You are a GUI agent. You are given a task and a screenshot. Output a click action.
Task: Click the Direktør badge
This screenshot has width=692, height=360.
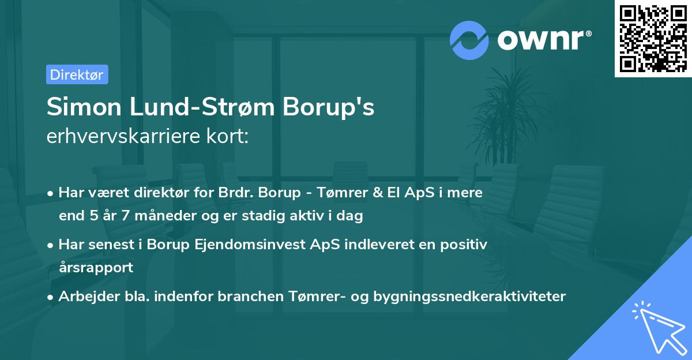point(77,74)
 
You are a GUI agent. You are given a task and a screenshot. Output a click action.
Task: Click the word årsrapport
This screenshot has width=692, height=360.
point(96,267)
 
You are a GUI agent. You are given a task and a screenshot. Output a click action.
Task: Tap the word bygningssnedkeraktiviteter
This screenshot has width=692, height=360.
point(469,297)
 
